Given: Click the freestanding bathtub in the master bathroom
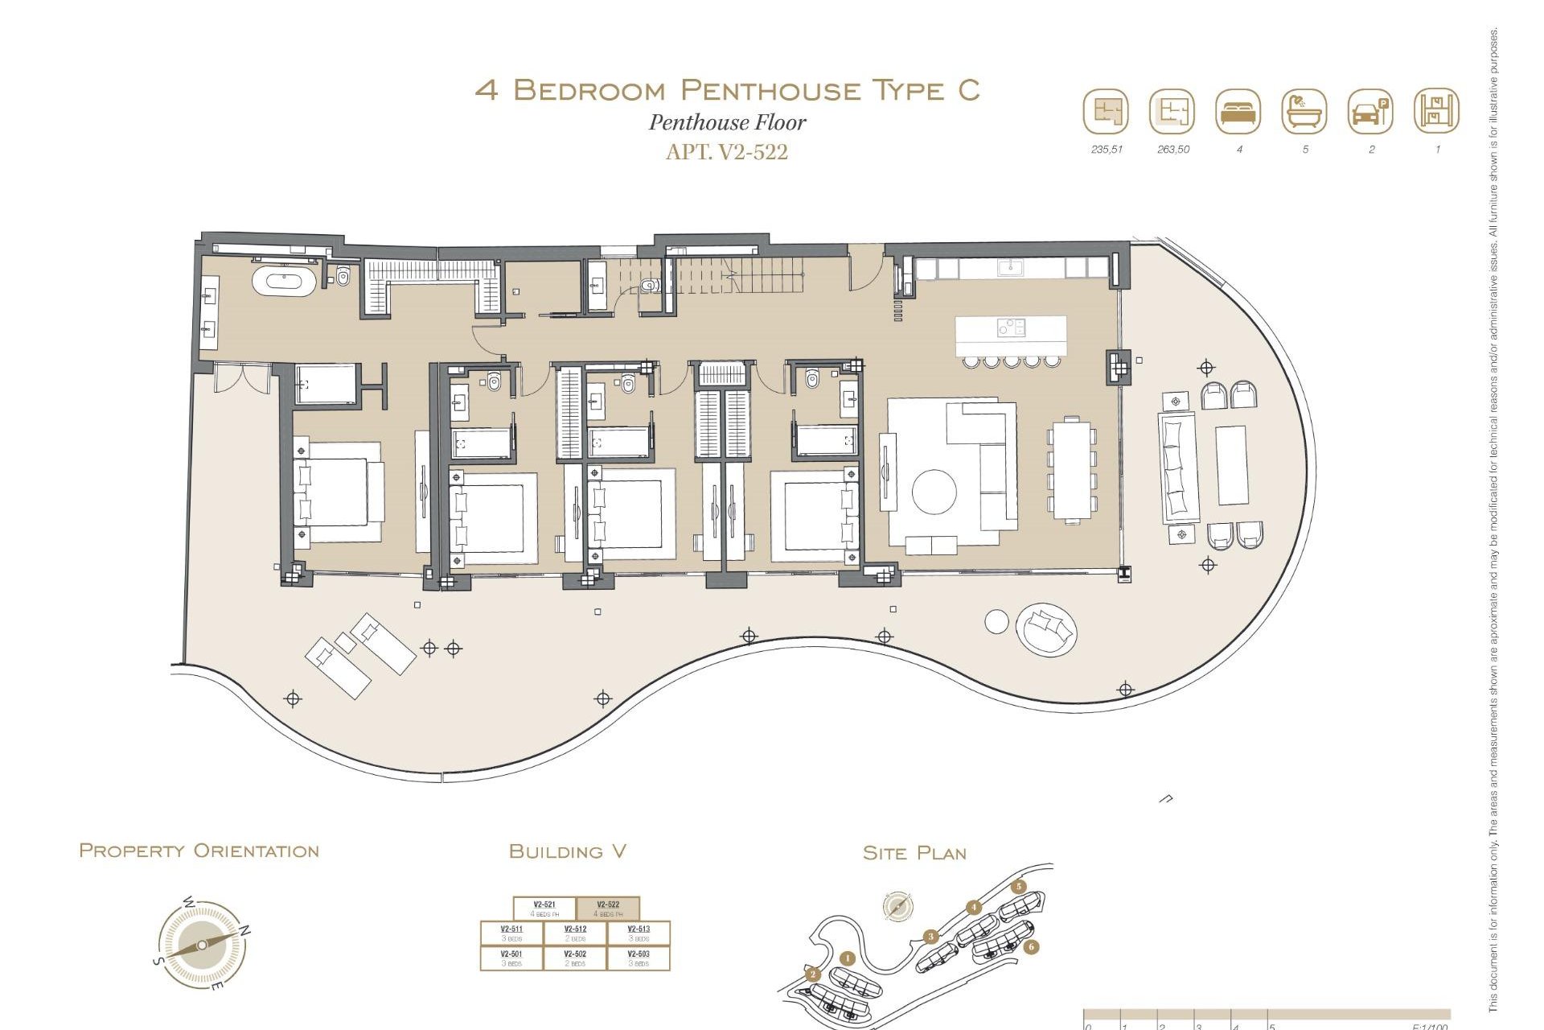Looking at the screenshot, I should tap(283, 282).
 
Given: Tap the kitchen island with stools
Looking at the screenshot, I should tap(1011, 336).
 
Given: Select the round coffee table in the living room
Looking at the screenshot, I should tap(934, 491).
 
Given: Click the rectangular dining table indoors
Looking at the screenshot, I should tap(1071, 470).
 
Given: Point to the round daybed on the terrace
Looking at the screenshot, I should tap(1045, 629).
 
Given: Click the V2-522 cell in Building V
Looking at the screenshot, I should tap(608, 908).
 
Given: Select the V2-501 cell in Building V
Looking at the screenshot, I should tap(511, 958).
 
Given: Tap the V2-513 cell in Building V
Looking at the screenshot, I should tap(639, 933).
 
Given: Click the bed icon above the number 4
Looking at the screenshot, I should tap(1238, 112).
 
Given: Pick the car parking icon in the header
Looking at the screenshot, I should tap(1369, 112).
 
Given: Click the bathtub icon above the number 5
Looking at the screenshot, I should tap(1304, 112).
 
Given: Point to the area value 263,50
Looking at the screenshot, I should tap(1172, 150).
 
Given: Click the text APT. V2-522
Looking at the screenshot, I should tap(726, 151).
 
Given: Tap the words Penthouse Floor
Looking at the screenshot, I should tap(727, 122).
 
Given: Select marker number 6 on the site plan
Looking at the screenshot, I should tap(1031, 947).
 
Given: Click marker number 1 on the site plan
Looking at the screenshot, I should tap(847, 958).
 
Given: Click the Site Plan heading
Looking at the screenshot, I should tap(914, 853).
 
